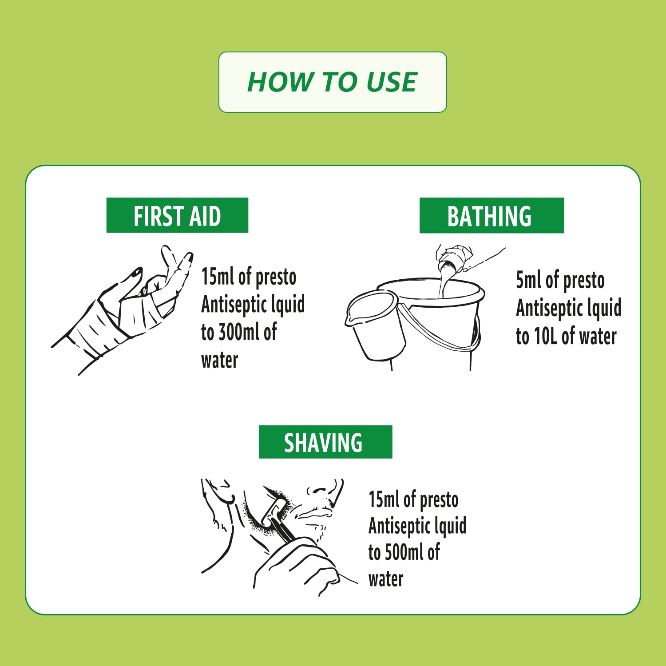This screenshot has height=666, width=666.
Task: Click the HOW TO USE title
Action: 332,82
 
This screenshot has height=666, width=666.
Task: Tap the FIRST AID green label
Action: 177,215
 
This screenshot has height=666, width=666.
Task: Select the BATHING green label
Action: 492,216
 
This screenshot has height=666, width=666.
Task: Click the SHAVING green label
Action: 325,442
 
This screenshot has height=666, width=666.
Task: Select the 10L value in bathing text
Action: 545,336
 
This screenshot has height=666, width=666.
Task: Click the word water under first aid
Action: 219,360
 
